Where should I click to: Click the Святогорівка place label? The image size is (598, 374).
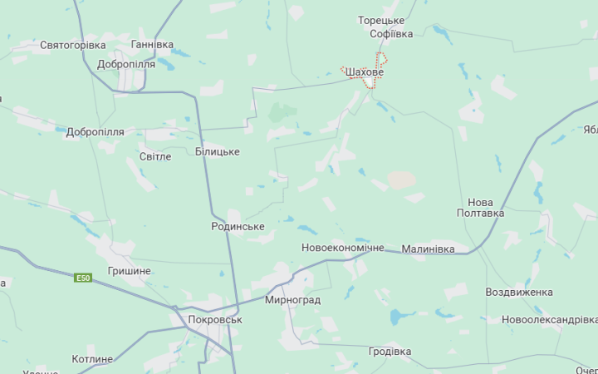pyautogui.click(x=73, y=45)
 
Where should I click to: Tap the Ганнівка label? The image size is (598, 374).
pyautogui.click(x=152, y=44)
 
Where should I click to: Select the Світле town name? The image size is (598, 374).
pyautogui.click(x=155, y=156)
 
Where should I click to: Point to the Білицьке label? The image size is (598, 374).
pyautogui.click(x=218, y=152)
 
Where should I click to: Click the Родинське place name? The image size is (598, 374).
pyautogui.click(x=238, y=226)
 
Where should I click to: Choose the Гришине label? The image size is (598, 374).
pyautogui.click(x=130, y=271)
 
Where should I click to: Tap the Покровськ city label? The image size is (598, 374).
pyautogui.click(x=215, y=319)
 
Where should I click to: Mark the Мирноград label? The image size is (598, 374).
pyautogui.click(x=292, y=299)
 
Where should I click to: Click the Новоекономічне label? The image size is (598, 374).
pyautogui.click(x=343, y=249)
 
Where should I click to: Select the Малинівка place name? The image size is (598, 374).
pyautogui.click(x=429, y=249)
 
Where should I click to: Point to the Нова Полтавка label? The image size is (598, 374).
pyautogui.click(x=480, y=208)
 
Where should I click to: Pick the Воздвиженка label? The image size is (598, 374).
pyautogui.click(x=519, y=293)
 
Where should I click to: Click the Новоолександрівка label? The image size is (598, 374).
pyautogui.click(x=549, y=320)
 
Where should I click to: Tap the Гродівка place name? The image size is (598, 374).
pyautogui.click(x=390, y=352)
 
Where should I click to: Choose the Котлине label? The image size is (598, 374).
pyautogui.click(x=92, y=359)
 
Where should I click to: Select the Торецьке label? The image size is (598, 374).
pyautogui.click(x=381, y=20)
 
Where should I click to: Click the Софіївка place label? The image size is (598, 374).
pyautogui.click(x=391, y=34)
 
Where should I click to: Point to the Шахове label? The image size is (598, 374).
pyautogui.click(x=364, y=73)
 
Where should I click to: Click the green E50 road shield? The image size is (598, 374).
pyautogui.click(x=83, y=278)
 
